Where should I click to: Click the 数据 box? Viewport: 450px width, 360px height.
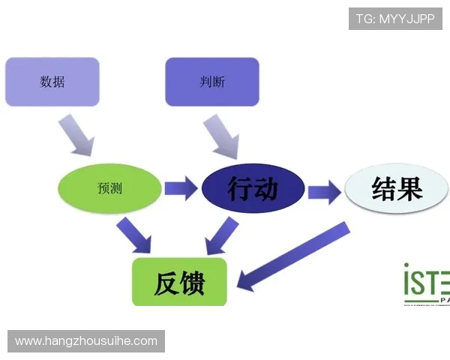pyautogui.click(x=52, y=82)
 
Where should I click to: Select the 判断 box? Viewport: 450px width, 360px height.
pyautogui.click(x=212, y=82)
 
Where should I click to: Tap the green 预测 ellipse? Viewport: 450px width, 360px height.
pyautogui.click(x=109, y=187)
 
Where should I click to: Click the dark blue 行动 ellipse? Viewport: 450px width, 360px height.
pyautogui.click(x=253, y=188)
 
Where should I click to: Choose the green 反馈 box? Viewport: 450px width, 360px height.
pyautogui.click(x=179, y=282)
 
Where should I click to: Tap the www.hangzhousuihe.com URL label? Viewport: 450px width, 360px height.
pyautogui.click(x=86, y=341)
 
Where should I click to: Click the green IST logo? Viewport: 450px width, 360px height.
pyautogui.click(x=426, y=283)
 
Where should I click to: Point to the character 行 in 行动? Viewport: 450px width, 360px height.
pyautogui.click(x=240, y=188)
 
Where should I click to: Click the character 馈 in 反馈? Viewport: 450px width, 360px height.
pyautogui.click(x=192, y=283)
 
